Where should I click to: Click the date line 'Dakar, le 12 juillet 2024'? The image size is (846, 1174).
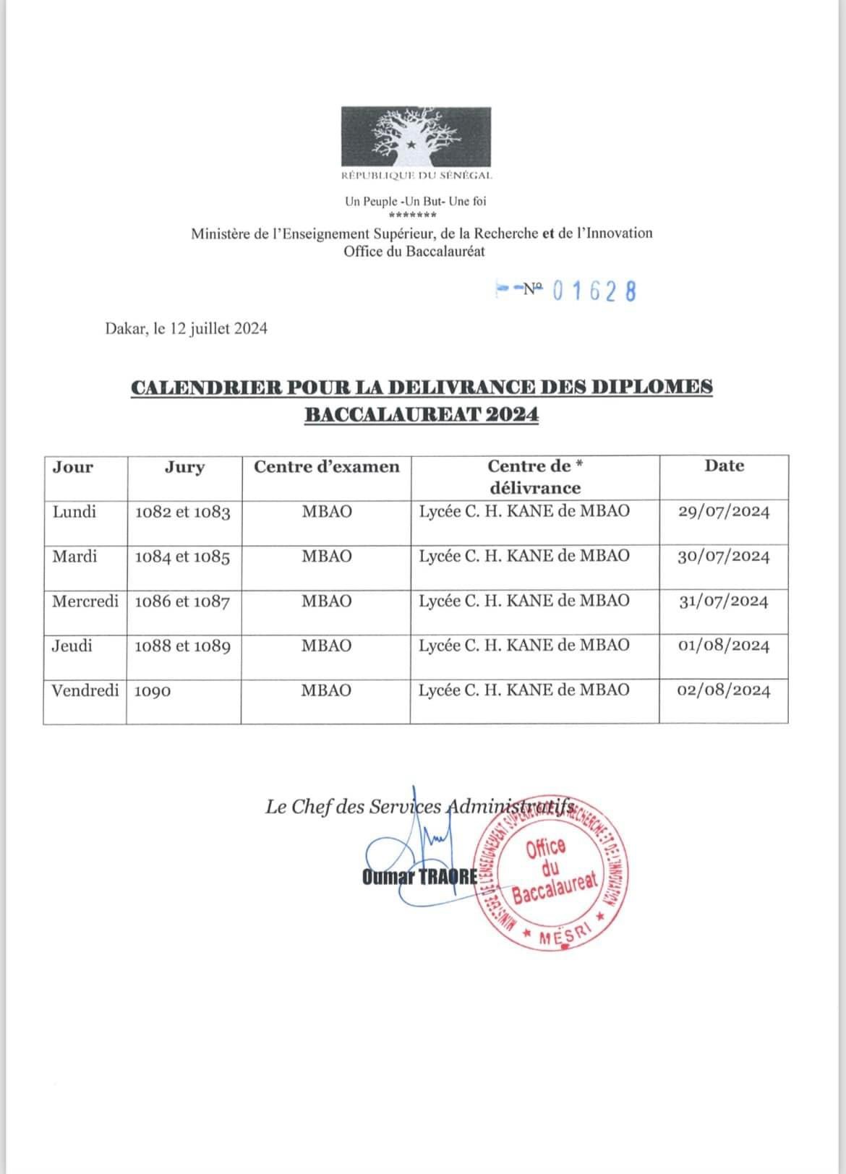point(187,329)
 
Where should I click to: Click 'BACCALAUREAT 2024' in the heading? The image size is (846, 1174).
point(422,415)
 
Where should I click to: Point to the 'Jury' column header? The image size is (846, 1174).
point(184,467)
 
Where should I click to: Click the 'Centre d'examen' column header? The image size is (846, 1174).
point(326,467)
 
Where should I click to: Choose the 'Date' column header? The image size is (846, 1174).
point(724,466)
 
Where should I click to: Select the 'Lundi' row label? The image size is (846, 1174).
point(74,512)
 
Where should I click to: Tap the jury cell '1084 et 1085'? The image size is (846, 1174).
point(182,557)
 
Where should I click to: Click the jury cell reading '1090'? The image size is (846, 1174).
point(153,691)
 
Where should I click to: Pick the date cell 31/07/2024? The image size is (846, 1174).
point(723,601)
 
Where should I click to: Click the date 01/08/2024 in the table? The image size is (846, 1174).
point(723,646)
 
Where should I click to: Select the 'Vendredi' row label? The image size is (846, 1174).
point(85,690)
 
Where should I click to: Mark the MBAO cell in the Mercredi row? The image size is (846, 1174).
point(326,601)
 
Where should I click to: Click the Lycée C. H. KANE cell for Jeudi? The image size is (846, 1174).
point(524,645)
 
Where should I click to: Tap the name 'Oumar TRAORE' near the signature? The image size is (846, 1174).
point(419,877)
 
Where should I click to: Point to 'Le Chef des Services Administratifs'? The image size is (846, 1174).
point(419,807)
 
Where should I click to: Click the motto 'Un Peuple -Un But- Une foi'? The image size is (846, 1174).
point(415,202)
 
